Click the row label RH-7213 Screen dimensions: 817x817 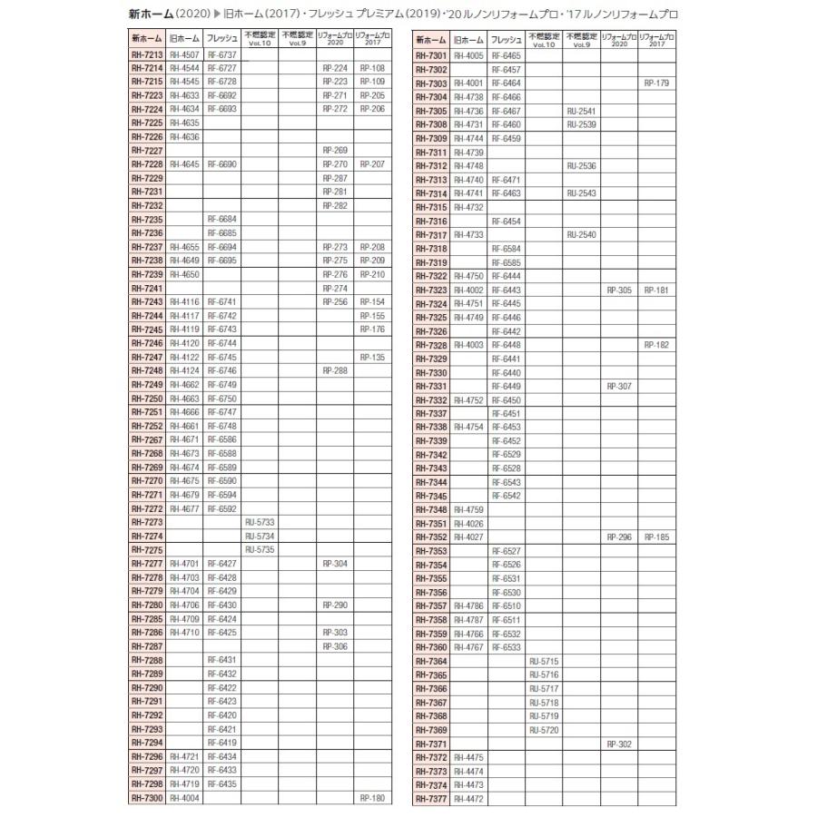[147, 54]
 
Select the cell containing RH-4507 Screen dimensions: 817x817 [184, 54]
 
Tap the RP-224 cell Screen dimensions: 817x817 [334, 68]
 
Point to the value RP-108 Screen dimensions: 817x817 [372, 68]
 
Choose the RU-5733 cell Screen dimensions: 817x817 [260, 523]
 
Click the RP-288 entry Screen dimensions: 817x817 [334, 370]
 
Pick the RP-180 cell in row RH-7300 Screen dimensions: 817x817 [372, 798]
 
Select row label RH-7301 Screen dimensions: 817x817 [431, 55]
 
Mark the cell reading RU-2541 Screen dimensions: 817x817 [581, 111]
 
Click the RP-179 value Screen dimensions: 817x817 [656, 83]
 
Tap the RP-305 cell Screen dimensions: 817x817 [619, 290]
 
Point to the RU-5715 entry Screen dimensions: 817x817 [543, 661]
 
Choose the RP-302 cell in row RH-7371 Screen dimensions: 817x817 [619, 743]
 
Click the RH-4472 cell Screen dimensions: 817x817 [468, 798]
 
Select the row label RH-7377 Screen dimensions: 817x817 [431, 798]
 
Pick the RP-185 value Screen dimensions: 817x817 [656, 537]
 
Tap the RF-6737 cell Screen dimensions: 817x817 [221, 54]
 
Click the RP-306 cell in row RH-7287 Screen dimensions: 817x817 [334, 646]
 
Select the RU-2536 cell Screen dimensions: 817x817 [581, 165]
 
